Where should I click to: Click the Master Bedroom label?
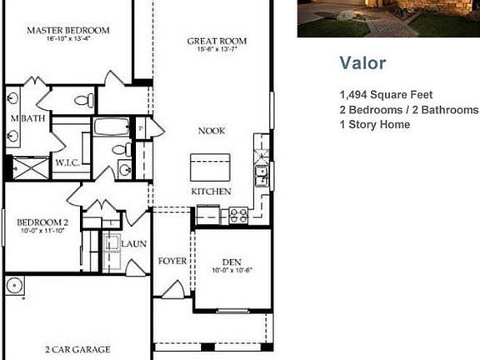[68, 31]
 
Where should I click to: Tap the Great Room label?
[217, 41]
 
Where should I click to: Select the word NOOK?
[212, 131]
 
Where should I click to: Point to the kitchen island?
[210, 167]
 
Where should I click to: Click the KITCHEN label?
[211, 192]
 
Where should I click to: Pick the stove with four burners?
[238, 215]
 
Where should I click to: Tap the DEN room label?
[232, 262]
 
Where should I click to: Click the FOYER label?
[172, 261]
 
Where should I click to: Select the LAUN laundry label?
[134, 244]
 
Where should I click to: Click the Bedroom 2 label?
[42, 222]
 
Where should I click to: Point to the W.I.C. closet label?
[67, 162]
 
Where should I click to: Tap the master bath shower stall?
[31, 168]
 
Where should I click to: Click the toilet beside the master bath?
[84, 100]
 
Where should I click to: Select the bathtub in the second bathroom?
[112, 127]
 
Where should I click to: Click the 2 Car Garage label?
[77, 349]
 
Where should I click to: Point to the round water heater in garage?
[15, 285]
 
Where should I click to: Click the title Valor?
[362, 63]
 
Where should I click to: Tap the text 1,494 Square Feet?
[386, 95]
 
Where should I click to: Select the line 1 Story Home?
[375, 125]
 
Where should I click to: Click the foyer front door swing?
[173, 289]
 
